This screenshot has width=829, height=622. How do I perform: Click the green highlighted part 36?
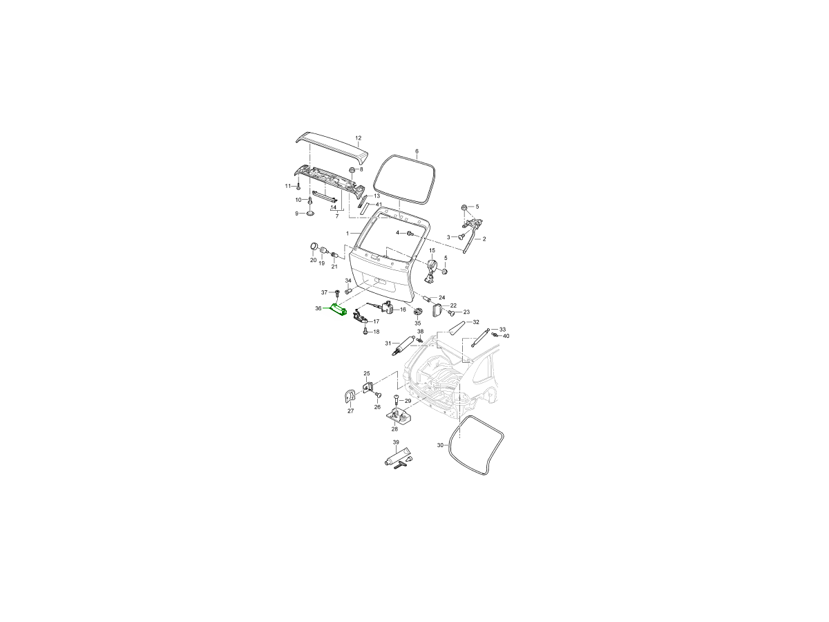pyautogui.click(x=338, y=310)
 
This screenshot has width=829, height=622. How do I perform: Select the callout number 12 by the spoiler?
pyautogui.click(x=359, y=138)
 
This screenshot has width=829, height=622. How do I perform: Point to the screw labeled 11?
pyautogui.click(x=298, y=187)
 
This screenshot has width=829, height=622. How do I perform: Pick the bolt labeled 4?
pyautogui.click(x=410, y=234)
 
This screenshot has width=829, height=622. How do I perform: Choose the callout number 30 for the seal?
pyautogui.click(x=440, y=445)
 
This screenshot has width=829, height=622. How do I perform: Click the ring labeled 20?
pyautogui.click(x=314, y=247)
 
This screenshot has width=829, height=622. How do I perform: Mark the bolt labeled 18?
pyautogui.click(x=365, y=331)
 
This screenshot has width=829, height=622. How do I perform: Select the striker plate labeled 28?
pyautogui.click(x=397, y=416)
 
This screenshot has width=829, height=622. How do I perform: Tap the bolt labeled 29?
pyautogui.click(x=396, y=399)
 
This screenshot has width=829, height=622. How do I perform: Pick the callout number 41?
pyautogui.click(x=379, y=205)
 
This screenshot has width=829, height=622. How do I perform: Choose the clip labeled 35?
pyautogui.click(x=418, y=312)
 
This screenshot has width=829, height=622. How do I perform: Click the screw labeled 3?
pyautogui.click(x=461, y=237)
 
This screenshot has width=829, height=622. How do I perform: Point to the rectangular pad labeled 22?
pyautogui.click(x=437, y=310)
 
